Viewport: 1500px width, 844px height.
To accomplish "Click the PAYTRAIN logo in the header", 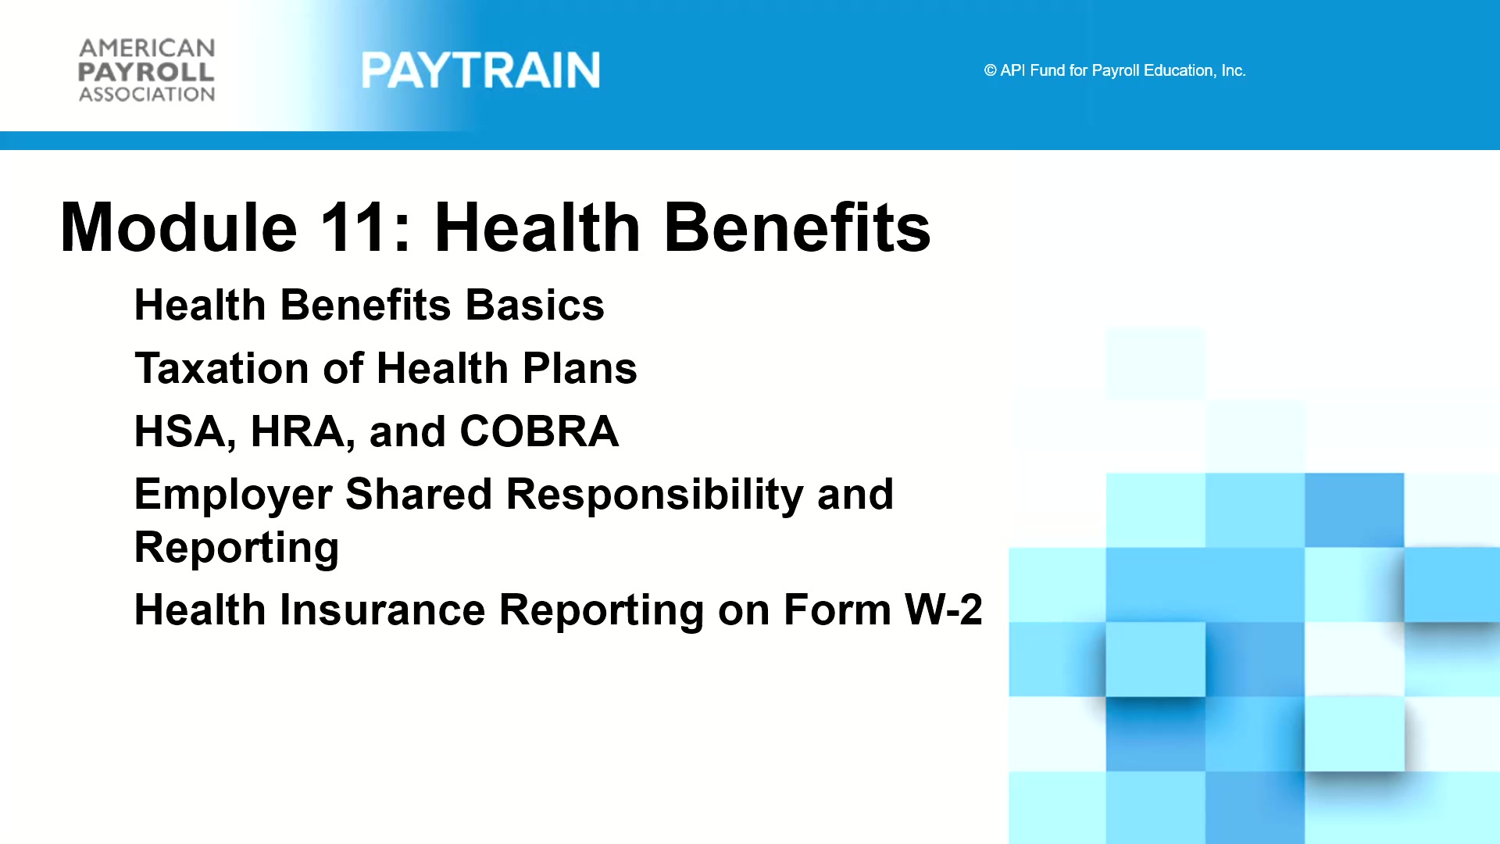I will pos(480,70).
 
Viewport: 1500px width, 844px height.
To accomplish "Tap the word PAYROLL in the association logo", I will pos(146,72).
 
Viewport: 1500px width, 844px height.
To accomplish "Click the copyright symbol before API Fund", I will pos(990,70).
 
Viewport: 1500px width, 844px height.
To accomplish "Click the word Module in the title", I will pos(179,227).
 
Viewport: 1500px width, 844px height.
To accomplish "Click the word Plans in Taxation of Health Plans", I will pos(580,368).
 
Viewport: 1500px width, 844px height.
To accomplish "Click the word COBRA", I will pos(539,431).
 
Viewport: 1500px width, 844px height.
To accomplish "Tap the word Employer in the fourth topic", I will pos(232,495).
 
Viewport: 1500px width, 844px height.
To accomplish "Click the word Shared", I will pos(419,494).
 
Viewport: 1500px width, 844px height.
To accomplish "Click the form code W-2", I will pos(944,610).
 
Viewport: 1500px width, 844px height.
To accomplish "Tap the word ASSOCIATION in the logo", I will pos(146,95).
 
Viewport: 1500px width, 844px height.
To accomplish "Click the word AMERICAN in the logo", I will pos(146,48).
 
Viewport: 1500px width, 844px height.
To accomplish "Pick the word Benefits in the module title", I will pos(797,227).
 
